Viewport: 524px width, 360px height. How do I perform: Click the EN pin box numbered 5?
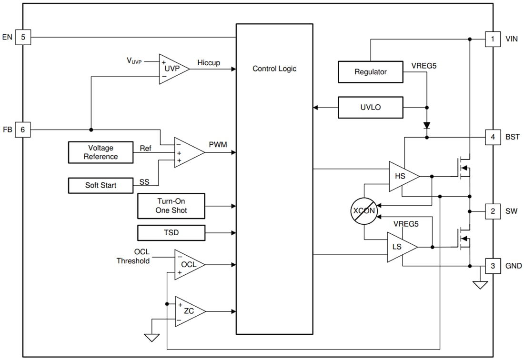(x=23, y=37)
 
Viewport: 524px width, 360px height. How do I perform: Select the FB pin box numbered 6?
(x=23, y=130)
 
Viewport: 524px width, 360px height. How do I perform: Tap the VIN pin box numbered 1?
(x=493, y=39)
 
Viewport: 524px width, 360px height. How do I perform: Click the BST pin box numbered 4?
(x=493, y=138)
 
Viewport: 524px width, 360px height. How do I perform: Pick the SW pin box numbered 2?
(x=493, y=211)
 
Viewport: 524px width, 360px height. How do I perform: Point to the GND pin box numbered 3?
(x=493, y=266)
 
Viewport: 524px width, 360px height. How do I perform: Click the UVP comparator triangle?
(x=172, y=69)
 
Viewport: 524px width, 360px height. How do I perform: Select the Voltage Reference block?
(x=101, y=152)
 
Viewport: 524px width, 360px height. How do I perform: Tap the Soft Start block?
(x=101, y=185)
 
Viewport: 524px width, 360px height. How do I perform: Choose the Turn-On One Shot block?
(x=171, y=206)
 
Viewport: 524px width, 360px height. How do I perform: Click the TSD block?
(x=171, y=233)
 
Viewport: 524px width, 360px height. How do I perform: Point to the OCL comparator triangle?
(x=188, y=264)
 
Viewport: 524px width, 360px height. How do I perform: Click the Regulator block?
(x=370, y=72)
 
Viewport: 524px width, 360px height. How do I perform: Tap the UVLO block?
(x=370, y=108)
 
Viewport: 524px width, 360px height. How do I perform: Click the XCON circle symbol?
(x=364, y=211)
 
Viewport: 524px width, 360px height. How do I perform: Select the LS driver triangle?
(x=399, y=247)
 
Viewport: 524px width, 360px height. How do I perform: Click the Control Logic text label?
(x=274, y=69)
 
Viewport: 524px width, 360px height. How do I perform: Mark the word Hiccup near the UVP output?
(x=209, y=63)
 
